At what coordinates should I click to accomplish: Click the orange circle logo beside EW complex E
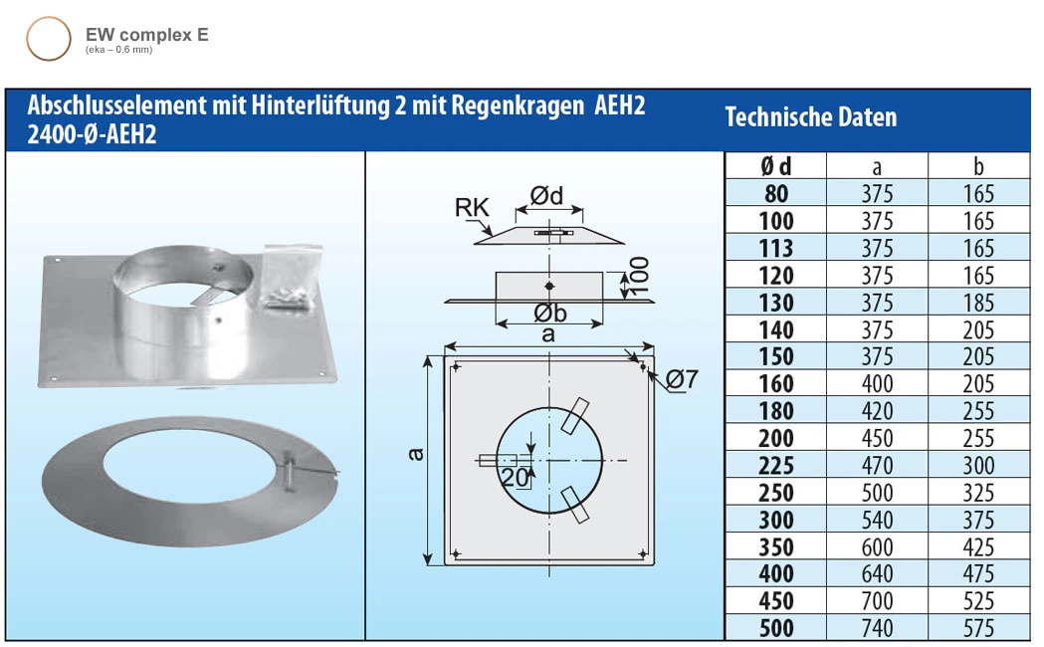coord(48,40)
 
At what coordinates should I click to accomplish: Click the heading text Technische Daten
coord(810,117)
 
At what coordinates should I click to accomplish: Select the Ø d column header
coord(776,166)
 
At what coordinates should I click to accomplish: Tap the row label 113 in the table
coord(776,248)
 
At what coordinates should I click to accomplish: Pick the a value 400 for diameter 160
coord(877,384)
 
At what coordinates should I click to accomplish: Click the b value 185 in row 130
coord(978,303)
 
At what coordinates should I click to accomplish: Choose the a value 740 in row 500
coord(877,628)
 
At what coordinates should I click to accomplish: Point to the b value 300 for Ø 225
coord(978,465)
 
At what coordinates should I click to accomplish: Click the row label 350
coord(776,547)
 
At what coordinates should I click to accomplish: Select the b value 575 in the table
coord(978,628)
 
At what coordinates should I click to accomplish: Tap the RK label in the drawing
coord(472,208)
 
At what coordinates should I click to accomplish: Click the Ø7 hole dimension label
coord(682,379)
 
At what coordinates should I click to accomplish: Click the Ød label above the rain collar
coord(546,196)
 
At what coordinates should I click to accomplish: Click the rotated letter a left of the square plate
coord(417,455)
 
